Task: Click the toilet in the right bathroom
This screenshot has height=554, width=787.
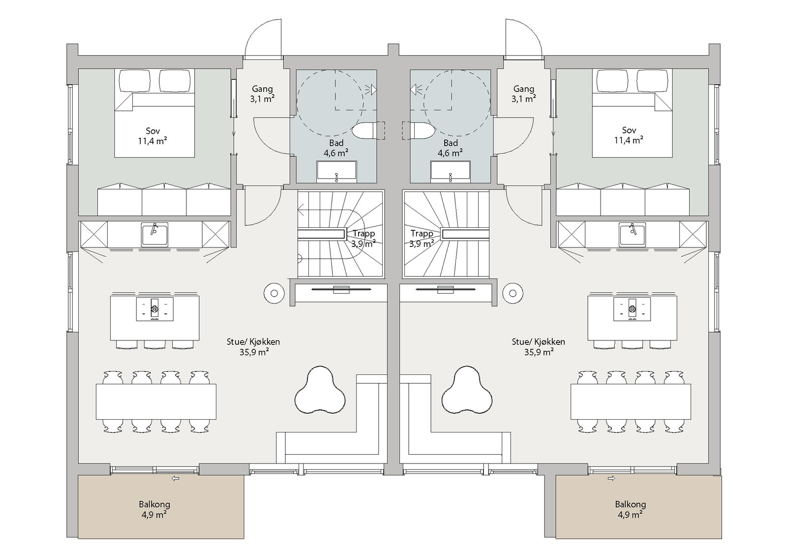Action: [x=423, y=131]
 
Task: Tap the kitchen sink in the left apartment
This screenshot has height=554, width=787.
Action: [x=155, y=234]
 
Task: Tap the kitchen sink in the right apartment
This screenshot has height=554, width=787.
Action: [x=633, y=235]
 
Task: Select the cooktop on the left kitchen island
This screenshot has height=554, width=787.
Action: [x=155, y=309]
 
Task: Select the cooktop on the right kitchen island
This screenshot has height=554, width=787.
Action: [x=632, y=309]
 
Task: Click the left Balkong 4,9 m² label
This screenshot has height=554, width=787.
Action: [x=154, y=509]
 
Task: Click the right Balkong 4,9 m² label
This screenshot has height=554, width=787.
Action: [x=630, y=509]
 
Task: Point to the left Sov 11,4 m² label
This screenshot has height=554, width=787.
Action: [x=152, y=136]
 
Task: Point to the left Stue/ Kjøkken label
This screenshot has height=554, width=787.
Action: [x=253, y=341]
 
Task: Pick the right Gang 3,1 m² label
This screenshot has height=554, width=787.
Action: [x=523, y=94]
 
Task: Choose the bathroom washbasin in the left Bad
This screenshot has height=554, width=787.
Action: [x=336, y=172]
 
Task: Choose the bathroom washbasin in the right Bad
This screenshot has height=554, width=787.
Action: [x=451, y=172]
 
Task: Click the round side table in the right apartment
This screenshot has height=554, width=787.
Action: [x=513, y=293]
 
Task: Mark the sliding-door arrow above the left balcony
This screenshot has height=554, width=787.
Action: [x=175, y=478]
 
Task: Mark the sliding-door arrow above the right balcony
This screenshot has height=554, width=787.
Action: [x=611, y=478]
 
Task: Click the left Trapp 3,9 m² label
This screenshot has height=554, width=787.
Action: [x=363, y=238]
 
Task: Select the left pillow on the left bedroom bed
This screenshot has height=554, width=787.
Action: [x=135, y=81]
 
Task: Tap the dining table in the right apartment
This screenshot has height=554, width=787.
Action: [x=631, y=401]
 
